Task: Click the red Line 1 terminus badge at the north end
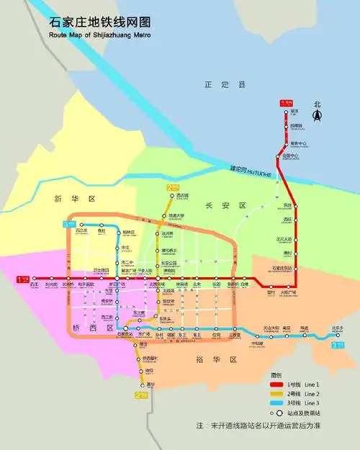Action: tap(284, 103)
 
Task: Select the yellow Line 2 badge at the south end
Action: tap(139, 395)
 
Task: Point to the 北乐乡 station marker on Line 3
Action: tap(338, 335)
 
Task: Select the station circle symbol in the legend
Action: tap(274, 413)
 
